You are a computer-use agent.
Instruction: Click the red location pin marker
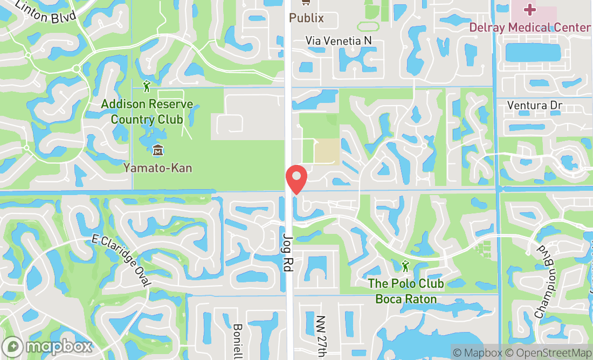[x=296, y=179]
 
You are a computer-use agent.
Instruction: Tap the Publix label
[x=306, y=18]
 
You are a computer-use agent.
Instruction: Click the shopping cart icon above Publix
[x=306, y=3]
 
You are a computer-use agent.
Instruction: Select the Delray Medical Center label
[x=529, y=27]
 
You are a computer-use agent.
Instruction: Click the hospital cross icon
[x=529, y=9]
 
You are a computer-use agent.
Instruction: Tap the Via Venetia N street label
[x=339, y=41]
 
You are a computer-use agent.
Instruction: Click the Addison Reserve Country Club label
[x=147, y=112]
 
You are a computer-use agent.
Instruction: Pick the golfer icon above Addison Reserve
[x=147, y=86]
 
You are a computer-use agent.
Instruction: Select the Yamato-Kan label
[x=157, y=168]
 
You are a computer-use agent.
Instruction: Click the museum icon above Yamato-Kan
[x=157, y=149]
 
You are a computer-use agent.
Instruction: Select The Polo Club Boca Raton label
[x=405, y=291]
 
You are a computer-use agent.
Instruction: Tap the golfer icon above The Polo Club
[x=405, y=266]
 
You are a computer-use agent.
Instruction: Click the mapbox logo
[x=47, y=347]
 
